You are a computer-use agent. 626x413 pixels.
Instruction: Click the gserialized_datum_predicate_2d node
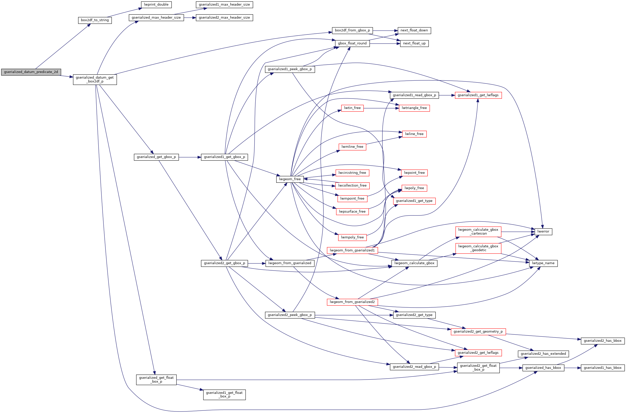click(x=31, y=72)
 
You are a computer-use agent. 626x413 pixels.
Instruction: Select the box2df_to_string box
click(x=95, y=20)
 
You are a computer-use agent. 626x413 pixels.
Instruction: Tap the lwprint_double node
click(x=156, y=5)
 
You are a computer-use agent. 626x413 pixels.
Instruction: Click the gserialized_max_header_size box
click(x=156, y=18)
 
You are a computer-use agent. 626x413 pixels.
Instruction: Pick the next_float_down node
click(x=414, y=31)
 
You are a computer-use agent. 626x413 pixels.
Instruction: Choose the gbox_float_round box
click(x=352, y=43)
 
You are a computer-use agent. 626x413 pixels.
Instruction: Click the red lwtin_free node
click(x=352, y=108)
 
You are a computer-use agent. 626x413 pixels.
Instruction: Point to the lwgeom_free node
click(x=290, y=179)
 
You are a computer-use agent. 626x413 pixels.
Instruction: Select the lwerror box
click(x=543, y=232)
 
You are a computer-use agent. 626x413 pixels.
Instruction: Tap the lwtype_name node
click(x=543, y=263)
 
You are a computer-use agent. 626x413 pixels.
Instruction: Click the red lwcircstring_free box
click(x=352, y=173)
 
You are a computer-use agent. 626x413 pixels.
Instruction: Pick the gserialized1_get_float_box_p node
click(x=224, y=395)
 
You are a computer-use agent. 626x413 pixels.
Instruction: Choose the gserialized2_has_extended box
click(x=543, y=354)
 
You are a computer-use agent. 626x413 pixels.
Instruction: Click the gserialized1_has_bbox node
click(x=602, y=368)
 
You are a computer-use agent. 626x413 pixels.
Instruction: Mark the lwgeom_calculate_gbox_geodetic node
click(x=478, y=248)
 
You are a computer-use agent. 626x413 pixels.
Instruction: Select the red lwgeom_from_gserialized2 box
click(x=352, y=302)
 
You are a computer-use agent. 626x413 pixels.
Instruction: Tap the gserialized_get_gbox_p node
click(x=156, y=157)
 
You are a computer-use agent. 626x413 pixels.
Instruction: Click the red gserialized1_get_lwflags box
click(x=478, y=95)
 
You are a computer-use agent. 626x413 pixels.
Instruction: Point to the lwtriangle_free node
click(x=414, y=108)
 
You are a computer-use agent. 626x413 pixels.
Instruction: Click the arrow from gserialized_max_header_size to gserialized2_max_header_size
click(x=190, y=18)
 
